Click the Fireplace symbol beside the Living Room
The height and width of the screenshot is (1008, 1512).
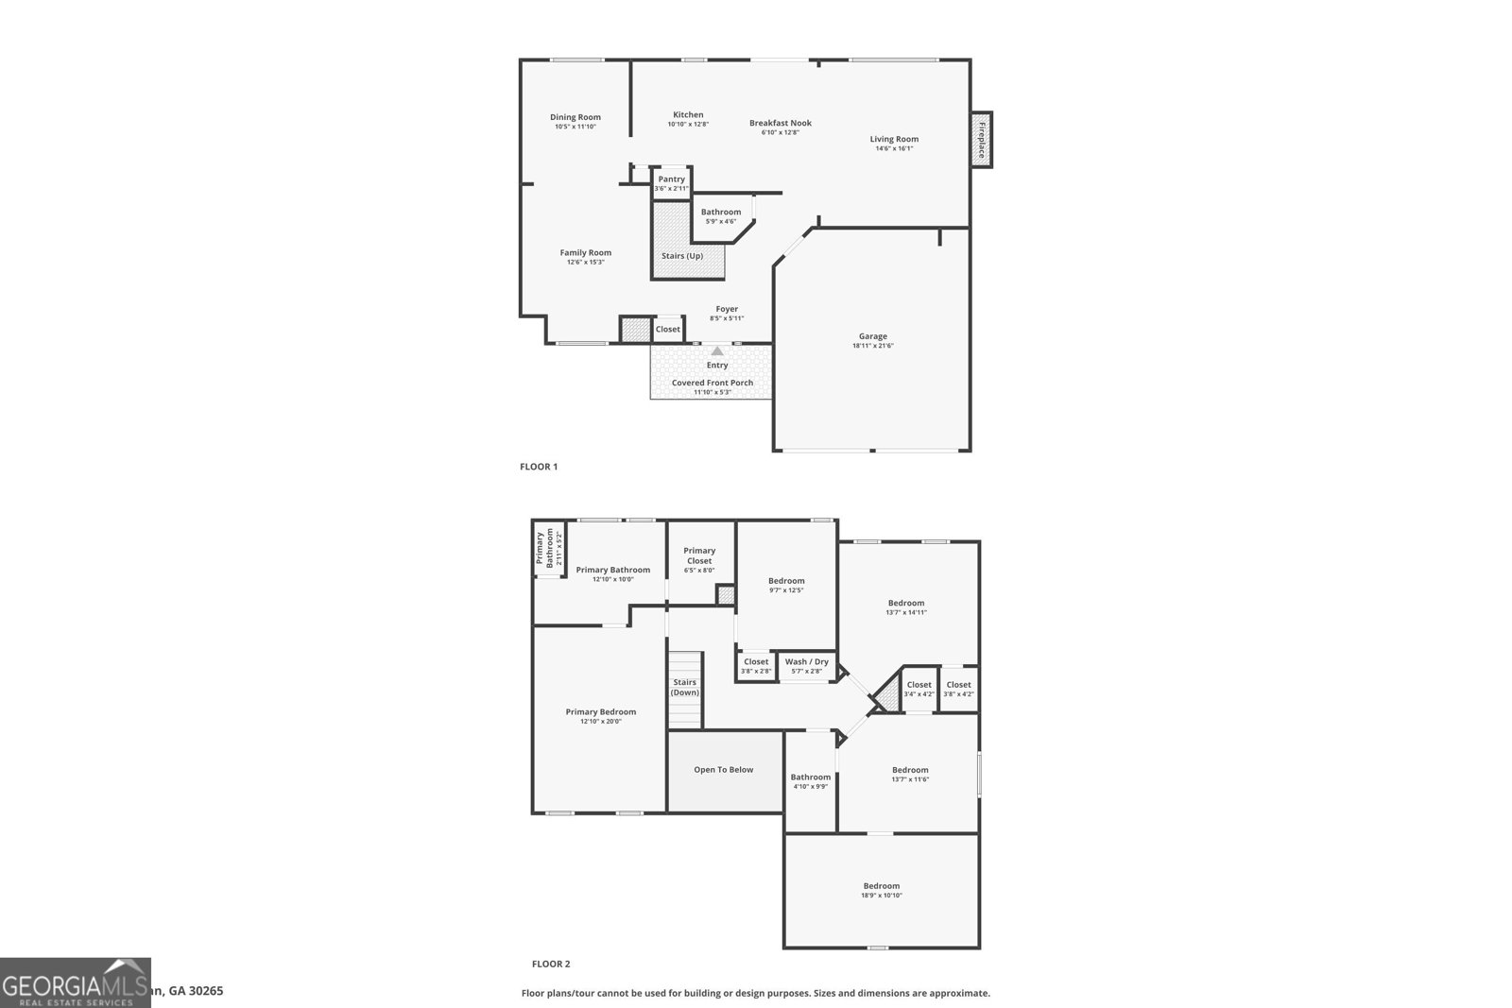(982, 139)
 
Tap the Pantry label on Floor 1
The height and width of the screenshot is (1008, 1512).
(671, 179)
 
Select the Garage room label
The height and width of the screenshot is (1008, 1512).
(872, 336)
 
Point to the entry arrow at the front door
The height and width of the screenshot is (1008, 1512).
(717, 351)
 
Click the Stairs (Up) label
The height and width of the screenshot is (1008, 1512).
(681, 256)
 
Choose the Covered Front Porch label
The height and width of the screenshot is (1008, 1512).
(713, 383)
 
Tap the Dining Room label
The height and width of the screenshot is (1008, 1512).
(576, 118)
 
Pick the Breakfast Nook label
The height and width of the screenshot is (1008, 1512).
(781, 123)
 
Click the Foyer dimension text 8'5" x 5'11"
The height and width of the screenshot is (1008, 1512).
(727, 318)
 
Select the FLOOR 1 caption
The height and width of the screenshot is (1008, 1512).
(539, 467)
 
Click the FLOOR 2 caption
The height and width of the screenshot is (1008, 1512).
(551, 965)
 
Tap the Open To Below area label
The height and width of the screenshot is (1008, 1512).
(724, 770)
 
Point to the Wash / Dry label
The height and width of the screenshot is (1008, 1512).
(806, 661)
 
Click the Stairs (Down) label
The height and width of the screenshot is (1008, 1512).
(685, 687)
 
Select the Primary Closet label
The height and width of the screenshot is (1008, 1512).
(699, 555)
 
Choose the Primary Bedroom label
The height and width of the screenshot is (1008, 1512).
(601, 712)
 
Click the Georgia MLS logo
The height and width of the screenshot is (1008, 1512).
(76, 982)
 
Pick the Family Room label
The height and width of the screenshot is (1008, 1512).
(585, 253)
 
